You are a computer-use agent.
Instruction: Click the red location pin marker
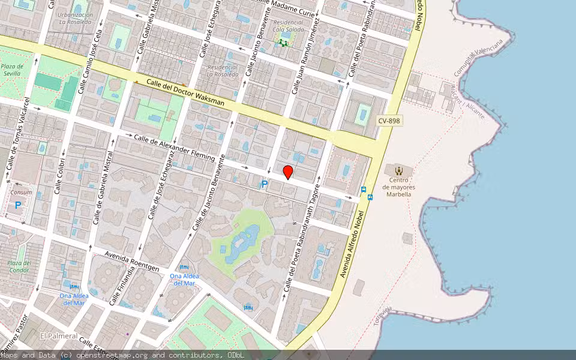[288, 172]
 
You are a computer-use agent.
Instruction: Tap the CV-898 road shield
[389, 121]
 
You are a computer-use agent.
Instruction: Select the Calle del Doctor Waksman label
[185, 93]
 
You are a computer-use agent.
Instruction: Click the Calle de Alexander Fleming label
[174, 147]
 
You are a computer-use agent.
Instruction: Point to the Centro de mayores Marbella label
[399, 187]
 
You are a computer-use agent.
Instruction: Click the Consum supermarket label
[21, 193]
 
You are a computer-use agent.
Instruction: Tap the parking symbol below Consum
[18, 205]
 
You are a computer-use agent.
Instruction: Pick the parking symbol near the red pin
[263, 185]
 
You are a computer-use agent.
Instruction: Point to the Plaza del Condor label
[19, 266]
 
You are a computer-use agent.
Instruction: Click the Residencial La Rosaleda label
[223, 71]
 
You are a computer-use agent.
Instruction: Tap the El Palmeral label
[58, 335]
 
